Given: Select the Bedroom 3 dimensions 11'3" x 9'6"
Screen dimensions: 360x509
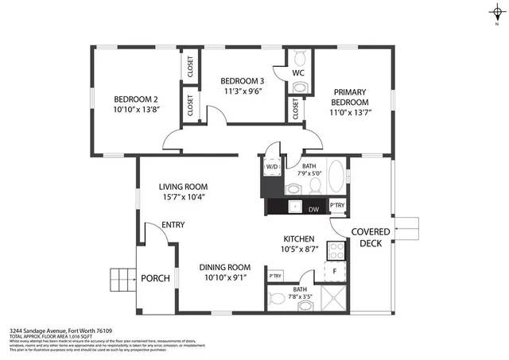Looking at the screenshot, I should tap(242, 91).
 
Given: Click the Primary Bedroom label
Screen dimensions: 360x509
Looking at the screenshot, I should tap(351, 97).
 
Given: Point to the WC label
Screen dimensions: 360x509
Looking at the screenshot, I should tap(298, 73).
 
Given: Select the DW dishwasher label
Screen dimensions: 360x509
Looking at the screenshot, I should tap(313, 208).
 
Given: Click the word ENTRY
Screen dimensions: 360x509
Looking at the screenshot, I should tap(173, 225).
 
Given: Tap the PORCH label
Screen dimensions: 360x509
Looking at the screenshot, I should tap(155, 279).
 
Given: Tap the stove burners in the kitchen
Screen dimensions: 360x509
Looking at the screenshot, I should tap(336, 250).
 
